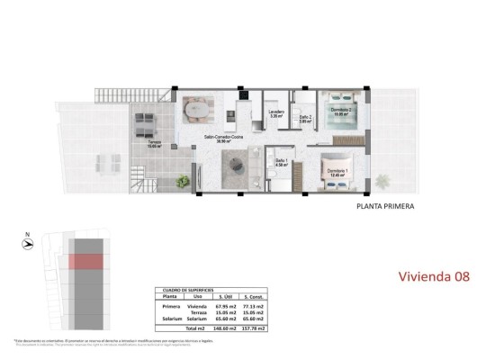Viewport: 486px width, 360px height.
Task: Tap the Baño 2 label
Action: (306, 117)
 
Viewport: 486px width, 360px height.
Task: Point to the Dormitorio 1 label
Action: (338, 171)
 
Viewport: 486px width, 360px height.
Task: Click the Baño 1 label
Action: (282, 162)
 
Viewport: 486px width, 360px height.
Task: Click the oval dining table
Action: (197, 110)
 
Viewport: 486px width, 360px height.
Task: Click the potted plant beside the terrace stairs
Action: (184, 180)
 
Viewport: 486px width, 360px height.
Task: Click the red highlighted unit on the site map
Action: (88, 260)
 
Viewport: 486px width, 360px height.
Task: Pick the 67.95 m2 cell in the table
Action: (224, 306)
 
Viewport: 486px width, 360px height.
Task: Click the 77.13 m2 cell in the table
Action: (256, 306)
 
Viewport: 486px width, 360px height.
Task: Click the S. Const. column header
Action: (256, 298)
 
